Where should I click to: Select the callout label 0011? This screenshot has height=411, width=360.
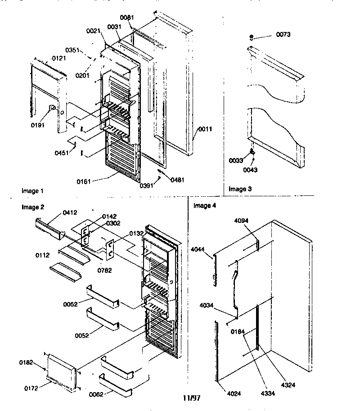tap(204, 129)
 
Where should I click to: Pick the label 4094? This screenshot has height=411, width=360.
tap(242, 221)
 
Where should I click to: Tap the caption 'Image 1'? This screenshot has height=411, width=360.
tap(33, 191)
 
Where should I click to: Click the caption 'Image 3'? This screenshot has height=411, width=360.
tap(240, 189)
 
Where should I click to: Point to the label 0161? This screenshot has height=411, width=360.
tap(83, 181)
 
